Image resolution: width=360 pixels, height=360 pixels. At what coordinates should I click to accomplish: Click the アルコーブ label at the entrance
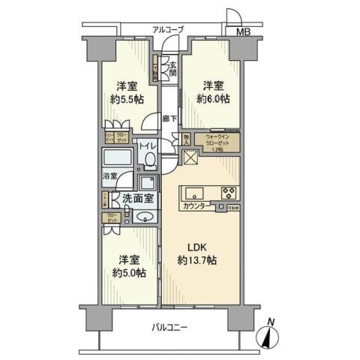167,29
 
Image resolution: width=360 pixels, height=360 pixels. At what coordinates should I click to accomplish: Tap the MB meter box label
244,32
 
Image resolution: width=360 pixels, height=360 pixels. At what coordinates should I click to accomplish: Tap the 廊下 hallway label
170,118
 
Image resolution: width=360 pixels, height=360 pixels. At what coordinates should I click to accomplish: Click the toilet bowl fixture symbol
151,160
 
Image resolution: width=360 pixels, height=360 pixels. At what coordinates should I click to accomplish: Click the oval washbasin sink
145,217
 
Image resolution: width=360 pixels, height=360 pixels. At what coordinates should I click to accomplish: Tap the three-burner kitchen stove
227,191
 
